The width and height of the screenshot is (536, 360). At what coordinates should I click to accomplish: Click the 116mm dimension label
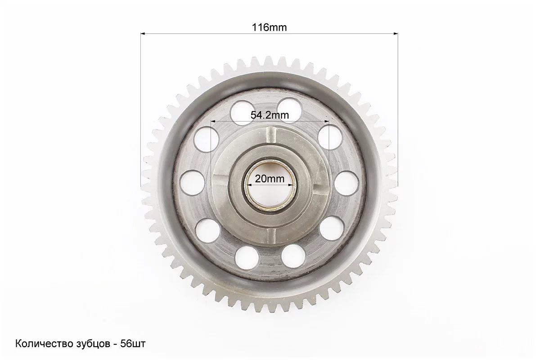click(x=269, y=27)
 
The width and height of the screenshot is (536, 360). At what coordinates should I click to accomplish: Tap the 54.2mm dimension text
click(x=270, y=115)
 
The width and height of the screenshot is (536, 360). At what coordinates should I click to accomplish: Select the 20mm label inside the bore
click(x=270, y=179)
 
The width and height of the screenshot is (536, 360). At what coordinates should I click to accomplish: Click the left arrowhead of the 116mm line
click(x=143, y=33)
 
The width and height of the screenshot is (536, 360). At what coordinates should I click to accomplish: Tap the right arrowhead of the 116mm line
click(x=396, y=33)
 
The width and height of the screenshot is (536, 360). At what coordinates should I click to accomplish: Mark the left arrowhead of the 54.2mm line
click(x=214, y=121)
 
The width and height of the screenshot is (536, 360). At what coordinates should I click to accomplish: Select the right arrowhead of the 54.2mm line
click(x=326, y=121)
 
